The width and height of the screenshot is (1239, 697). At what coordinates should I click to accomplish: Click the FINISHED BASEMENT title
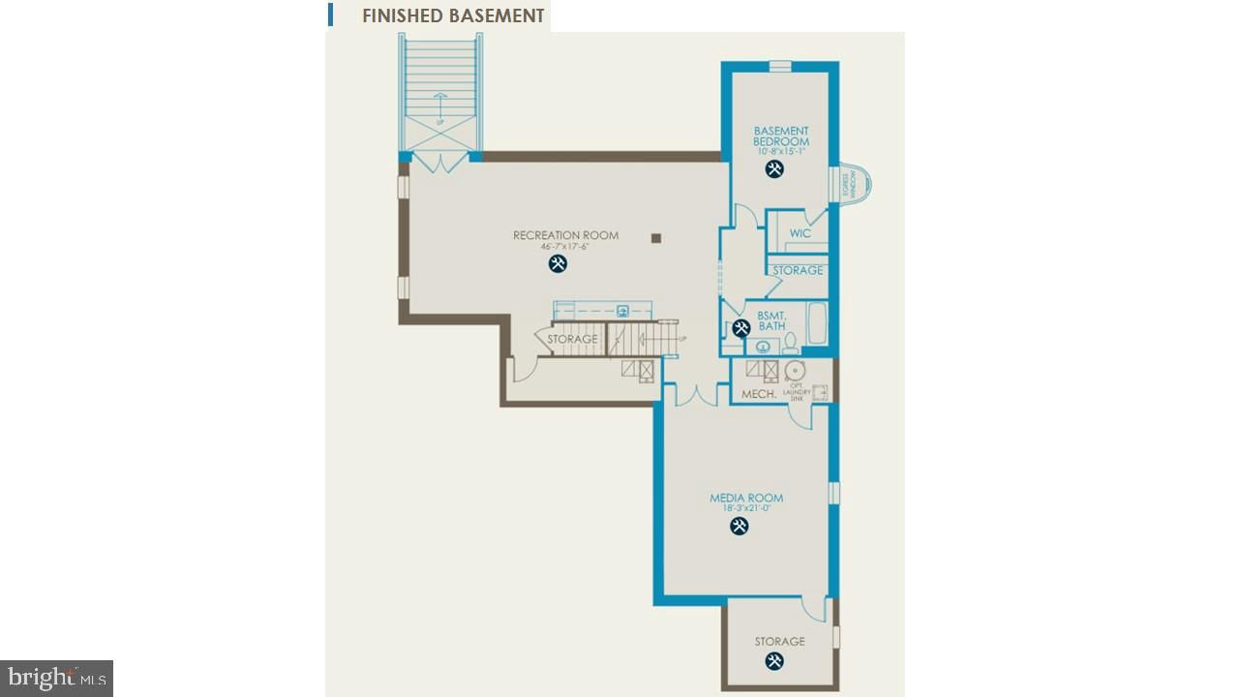[x=452, y=15]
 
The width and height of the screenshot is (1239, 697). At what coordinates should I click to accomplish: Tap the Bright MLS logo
[x=56, y=678]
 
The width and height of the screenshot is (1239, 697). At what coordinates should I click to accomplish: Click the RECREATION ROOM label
[x=565, y=235]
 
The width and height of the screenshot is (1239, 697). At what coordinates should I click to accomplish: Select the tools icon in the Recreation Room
[x=558, y=263]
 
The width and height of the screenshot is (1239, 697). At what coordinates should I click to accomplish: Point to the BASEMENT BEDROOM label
[x=781, y=136]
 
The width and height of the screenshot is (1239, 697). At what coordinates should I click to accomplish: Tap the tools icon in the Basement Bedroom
[x=774, y=169]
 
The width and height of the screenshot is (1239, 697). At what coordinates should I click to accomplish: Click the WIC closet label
[x=800, y=233]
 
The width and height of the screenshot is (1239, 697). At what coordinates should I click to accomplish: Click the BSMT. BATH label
[x=771, y=321]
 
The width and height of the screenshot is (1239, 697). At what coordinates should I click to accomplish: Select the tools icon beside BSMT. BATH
[x=741, y=328]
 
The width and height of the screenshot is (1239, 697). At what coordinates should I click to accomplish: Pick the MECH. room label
[x=759, y=394]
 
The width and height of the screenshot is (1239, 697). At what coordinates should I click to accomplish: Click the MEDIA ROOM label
[x=746, y=499]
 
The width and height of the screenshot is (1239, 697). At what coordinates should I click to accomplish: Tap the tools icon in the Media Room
[x=739, y=527]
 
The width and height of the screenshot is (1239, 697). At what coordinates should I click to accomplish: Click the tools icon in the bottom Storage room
[x=774, y=661]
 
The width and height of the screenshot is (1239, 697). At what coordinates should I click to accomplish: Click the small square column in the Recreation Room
[x=656, y=237]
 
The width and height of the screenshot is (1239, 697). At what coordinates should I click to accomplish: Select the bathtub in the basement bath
[x=817, y=323]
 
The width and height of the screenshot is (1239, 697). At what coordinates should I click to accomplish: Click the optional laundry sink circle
[x=796, y=371]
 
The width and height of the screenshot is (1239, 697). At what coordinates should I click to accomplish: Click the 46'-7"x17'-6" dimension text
[x=565, y=247]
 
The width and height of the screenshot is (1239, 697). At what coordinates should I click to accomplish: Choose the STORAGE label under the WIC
[x=798, y=270]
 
